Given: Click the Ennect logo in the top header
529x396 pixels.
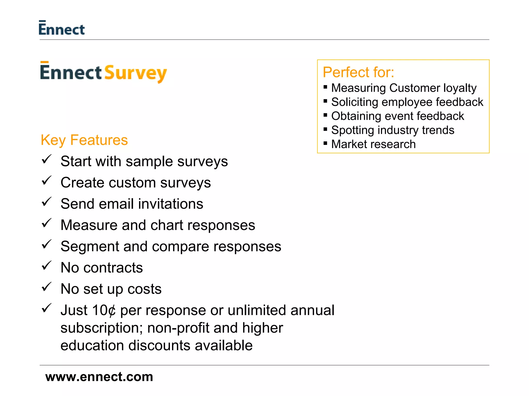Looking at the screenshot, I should point(61,28).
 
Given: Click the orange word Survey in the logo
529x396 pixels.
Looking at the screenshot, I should point(135,73).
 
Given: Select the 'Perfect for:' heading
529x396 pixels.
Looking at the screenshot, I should point(358,72).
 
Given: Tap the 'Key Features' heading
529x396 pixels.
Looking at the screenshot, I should point(84,140).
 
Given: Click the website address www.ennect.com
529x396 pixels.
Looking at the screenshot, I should point(99,377).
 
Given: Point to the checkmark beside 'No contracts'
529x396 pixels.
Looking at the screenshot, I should point(46,266).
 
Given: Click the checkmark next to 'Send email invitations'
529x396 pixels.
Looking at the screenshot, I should point(46,202).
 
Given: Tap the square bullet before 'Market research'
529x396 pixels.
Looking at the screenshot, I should point(325,143).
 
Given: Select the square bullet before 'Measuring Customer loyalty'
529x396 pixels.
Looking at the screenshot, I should point(325,87).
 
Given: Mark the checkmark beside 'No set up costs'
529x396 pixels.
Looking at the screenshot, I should point(46,287).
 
